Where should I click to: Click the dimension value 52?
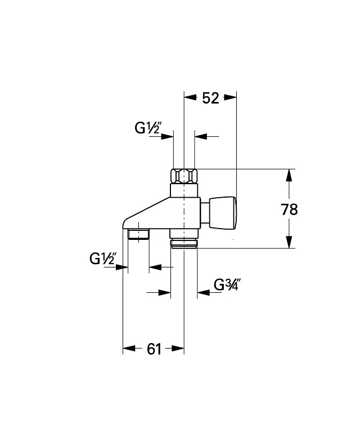coord(210,97)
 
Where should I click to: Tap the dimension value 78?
coord(289,209)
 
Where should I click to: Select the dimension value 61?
coord(154,349)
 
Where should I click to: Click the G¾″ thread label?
coord(227,284)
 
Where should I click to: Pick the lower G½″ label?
coord(103,259)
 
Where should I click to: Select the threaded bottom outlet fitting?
coord(184,244)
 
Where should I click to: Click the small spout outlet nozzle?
coord(138,234)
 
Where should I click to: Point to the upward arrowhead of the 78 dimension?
coord(289,176)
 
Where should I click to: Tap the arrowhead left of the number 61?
coord(130,349)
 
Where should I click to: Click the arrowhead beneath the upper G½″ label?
coord(167,136)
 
